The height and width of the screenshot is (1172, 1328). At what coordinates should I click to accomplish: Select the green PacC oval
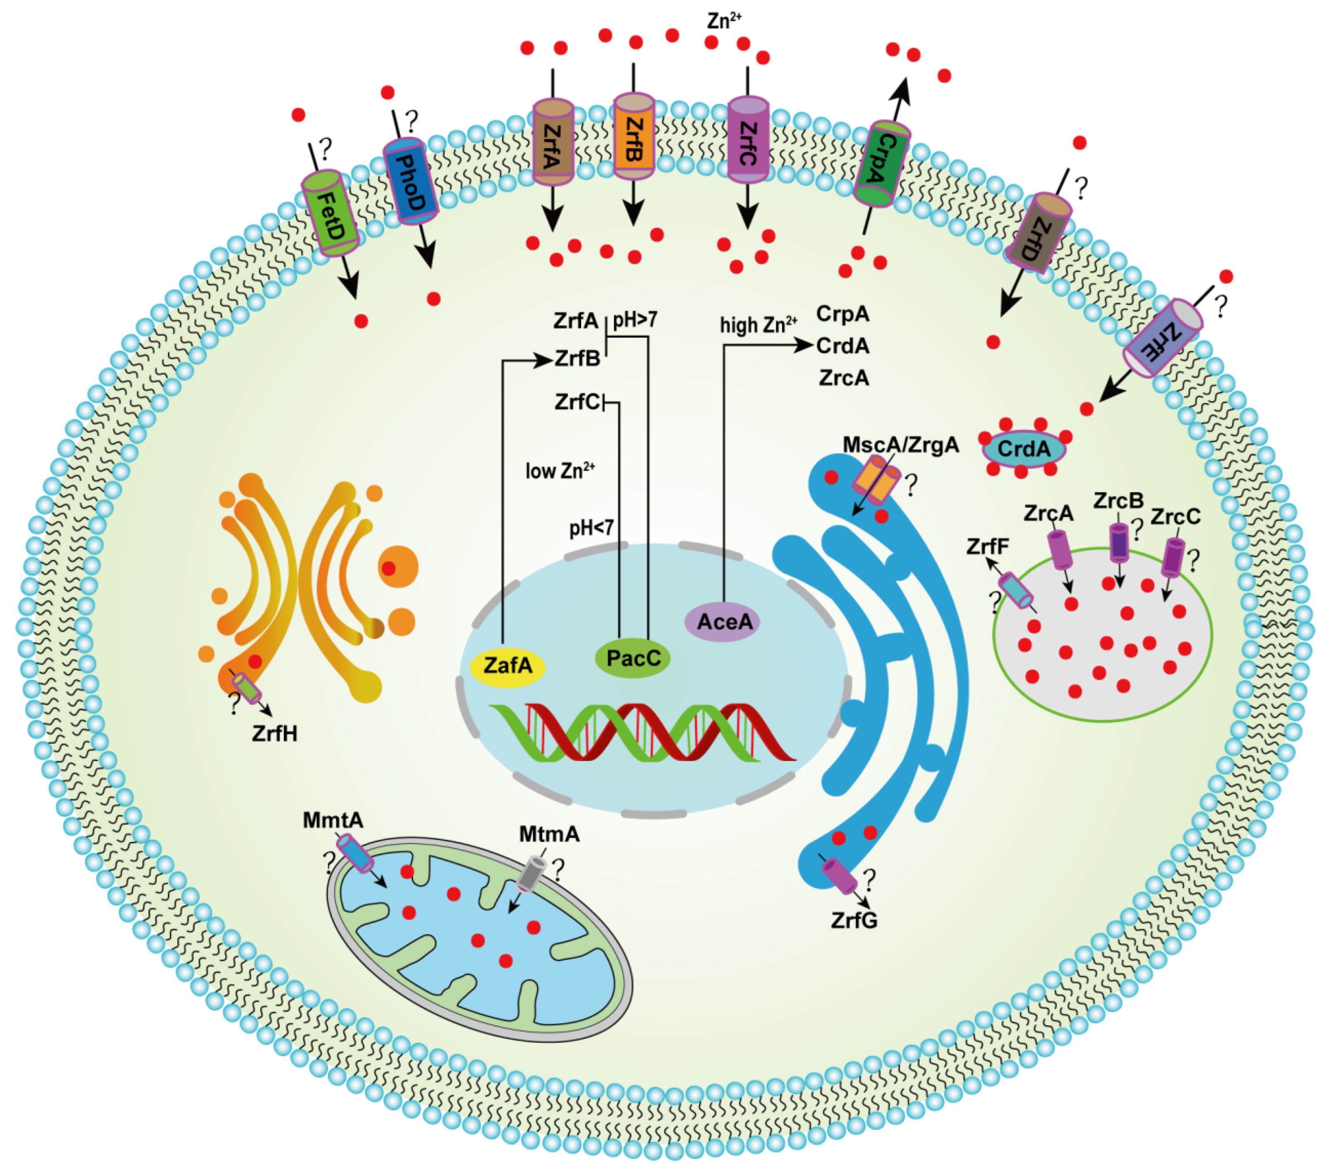[633, 658]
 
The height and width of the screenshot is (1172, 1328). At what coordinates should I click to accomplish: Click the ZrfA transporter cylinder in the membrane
[553, 142]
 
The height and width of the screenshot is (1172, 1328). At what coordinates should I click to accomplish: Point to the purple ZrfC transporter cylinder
[748, 139]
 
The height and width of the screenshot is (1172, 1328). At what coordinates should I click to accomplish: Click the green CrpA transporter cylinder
[881, 164]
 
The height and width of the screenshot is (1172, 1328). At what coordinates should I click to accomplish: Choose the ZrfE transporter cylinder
[1163, 338]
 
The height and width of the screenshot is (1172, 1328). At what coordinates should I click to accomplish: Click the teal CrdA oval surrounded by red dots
[1024, 449]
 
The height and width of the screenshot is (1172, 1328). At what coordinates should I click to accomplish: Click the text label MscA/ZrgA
[900, 445]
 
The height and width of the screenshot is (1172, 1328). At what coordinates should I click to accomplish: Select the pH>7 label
[635, 320]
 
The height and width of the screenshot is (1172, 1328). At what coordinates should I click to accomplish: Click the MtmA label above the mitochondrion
[549, 834]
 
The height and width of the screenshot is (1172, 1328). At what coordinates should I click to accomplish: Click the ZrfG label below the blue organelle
[854, 921]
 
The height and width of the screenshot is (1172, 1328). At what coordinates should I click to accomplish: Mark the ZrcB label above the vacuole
[1118, 501]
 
